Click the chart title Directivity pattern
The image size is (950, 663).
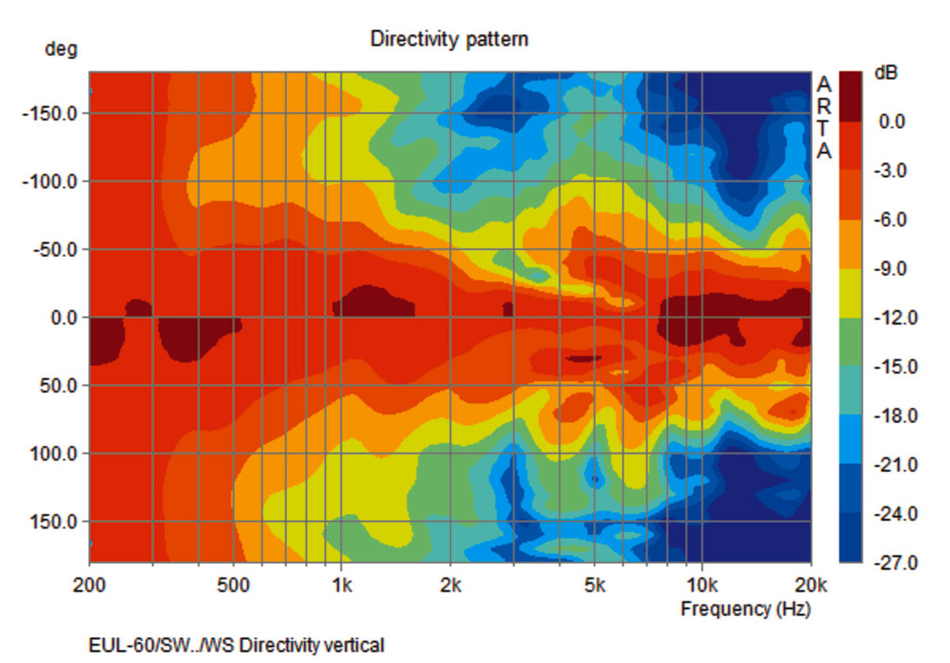[x=449, y=39]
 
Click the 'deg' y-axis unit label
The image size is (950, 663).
[x=61, y=49]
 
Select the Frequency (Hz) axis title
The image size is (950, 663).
[x=745, y=609]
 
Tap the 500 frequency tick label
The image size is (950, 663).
[x=233, y=585]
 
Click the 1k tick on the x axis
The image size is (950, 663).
[x=340, y=585]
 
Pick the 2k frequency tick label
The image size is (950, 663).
[x=450, y=585]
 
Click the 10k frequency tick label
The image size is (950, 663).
[x=702, y=585]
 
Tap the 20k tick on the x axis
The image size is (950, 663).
[x=811, y=585]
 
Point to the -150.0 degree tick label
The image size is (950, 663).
[x=51, y=114]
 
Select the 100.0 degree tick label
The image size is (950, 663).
[x=56, y=453]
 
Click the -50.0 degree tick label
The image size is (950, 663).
[x=55, y=249]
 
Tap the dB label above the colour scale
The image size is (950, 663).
[x=885, y=72]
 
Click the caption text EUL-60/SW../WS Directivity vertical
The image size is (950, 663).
[x=236, y=644]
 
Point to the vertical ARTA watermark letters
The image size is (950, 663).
[x=824, y=118]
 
